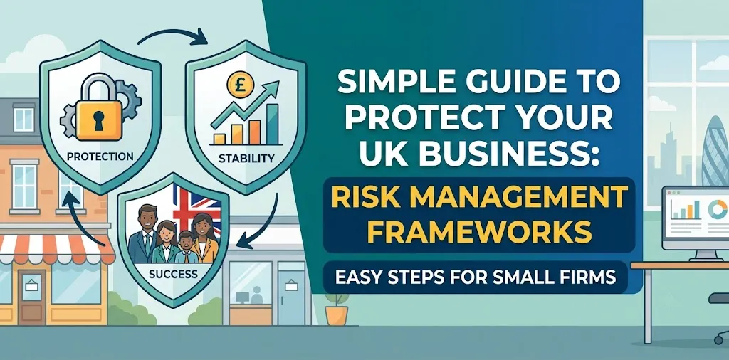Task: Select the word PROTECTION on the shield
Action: [100, 156]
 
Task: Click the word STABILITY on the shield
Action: [246, 159]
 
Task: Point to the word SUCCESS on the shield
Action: [173, 274]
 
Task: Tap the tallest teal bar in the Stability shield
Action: [273, 124]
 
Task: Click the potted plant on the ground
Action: [337, 308]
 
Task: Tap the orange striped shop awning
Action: [57, 250]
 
